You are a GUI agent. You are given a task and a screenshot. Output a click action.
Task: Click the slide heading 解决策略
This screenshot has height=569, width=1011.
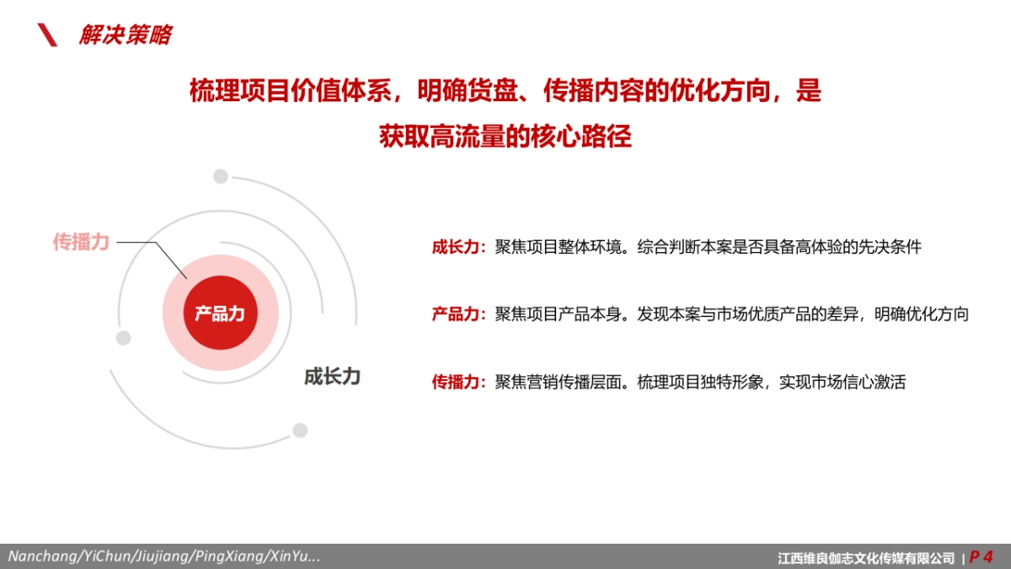[x=125, y=35]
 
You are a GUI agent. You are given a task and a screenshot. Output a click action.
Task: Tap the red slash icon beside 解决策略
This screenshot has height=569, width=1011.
[x=48, y=35]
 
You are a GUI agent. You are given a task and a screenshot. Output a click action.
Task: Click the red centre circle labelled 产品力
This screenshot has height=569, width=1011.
[x=220, y=314]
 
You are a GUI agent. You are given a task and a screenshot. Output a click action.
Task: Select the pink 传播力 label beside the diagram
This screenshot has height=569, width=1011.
[x=81, y=242]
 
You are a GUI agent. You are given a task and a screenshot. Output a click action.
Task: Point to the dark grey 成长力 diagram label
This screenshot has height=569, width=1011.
[x=332, y=376]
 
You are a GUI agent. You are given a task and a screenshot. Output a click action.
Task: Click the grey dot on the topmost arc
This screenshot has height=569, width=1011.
[x=221, y=176]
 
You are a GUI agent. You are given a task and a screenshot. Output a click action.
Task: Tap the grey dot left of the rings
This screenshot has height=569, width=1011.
[x=124, y=338]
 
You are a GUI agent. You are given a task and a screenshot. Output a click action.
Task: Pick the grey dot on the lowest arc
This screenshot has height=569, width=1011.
[x=300, y=431]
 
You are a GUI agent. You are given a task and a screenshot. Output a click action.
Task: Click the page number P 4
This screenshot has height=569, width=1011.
[x=981, y=556]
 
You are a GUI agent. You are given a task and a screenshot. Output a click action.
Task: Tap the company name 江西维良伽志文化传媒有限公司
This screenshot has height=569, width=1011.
[x=866, y=557]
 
